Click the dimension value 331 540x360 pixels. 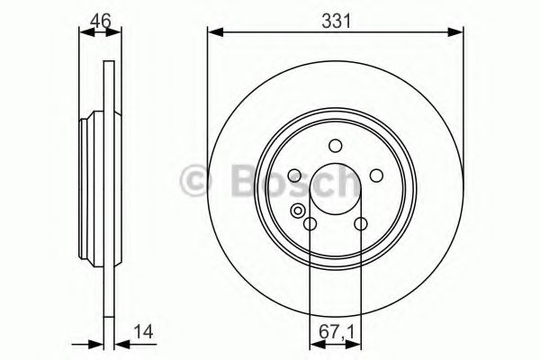coord(335,17)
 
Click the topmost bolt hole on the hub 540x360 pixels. coord(335,146)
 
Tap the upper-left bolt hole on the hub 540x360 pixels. coord(293,176)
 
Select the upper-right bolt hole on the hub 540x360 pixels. coord(376,176)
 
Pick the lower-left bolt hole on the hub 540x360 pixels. coord(310,225)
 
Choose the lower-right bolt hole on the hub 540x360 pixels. coord(360,225)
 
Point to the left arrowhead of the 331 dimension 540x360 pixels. coord(213,34)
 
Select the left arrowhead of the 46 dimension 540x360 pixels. coord(85,34)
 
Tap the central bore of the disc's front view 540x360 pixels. coord(335,190)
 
